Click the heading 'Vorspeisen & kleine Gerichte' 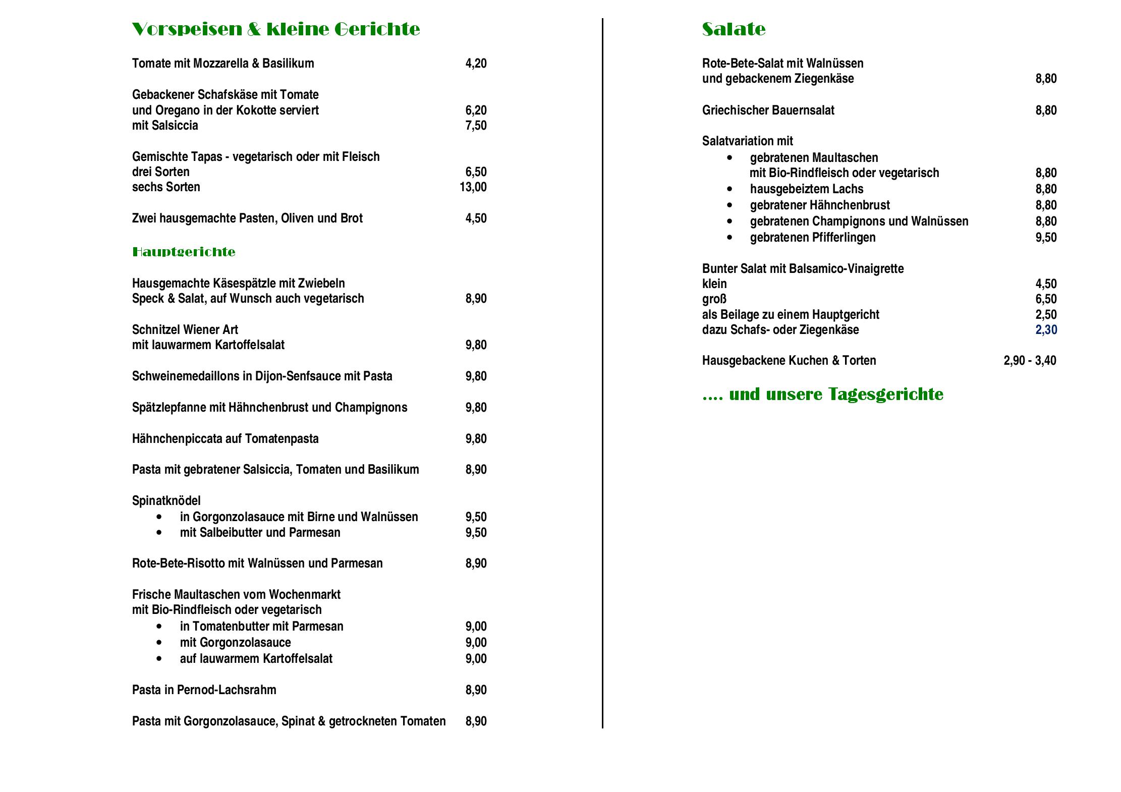point(275,29)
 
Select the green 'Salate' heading point(734,29)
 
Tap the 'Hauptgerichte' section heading point(184,252)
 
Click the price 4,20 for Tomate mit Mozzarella point(476,64)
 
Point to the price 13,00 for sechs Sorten point(473,187)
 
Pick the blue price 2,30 point(1046,330)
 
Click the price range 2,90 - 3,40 point(1030,361)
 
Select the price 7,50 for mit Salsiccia point(476,126)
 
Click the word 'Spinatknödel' point(166,501)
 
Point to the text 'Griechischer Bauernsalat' point(768,110)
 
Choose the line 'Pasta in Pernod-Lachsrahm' point(204,690)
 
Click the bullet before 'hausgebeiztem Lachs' point(730,189)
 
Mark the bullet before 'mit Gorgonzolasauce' point(159,643)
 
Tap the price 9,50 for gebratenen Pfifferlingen point(1046,238)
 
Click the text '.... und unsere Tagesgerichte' point(822,394)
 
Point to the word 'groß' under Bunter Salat point(714,299)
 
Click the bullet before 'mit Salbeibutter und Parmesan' point(159,533)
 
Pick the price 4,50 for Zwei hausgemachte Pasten point(476,218)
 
